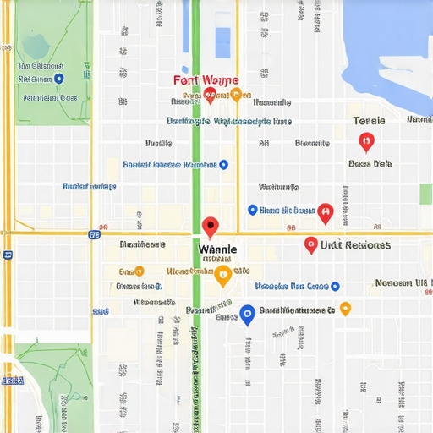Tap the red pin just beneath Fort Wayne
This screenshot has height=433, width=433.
pyautogui.click(x=210, y=95)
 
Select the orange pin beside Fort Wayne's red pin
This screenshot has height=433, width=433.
pyautogui.click(x=235, y=94)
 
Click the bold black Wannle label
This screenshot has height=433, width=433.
pyautogui.click(x=217, y=250)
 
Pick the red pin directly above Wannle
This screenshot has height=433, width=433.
pyautogui.click(x=210, y=227)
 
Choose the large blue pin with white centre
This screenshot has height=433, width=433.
pyautogui.click(x=247, y=315)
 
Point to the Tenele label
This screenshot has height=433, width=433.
pyautogui.click(x=368, y=121)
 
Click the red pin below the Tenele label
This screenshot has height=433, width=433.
pyautogui.click(x=365, y=141)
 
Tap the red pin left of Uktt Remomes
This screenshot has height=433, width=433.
pyautogui.click(x=311, y=245)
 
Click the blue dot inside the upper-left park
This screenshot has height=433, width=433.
pyautogui.click(x=58, y=79)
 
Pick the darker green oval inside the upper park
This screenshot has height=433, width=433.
pyautogui.click(x=35, y=44)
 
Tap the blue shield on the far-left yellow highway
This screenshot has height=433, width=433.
pyautogui.click(x=8, y=254)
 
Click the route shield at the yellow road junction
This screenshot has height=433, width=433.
pyautogui.click(x=93, y=234)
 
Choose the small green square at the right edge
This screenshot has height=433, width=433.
pyautogui.click(x=426, y=194)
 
